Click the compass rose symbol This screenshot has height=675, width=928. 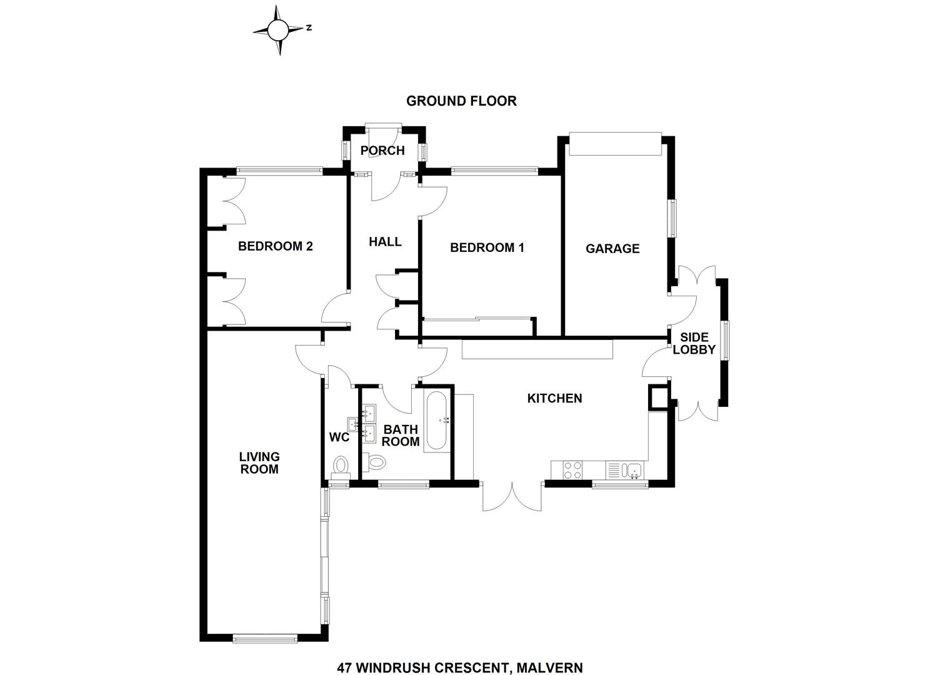(279, 29)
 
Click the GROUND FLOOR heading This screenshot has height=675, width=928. (461, 101)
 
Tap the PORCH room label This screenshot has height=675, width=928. (382, 151)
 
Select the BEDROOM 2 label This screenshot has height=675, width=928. (275, 246)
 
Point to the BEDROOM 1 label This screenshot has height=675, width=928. (487, 247)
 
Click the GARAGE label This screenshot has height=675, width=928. (612, 249)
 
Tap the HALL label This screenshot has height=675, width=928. (385, 242)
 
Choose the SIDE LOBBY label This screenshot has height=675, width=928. (694, 344)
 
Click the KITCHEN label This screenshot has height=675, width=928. (554, 398)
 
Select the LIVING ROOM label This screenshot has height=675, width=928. (259, 463)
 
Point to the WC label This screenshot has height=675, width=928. (339, 437)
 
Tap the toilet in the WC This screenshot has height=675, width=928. (341, 466)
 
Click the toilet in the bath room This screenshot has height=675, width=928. (376, 463)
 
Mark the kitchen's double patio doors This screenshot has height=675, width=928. (512, 496)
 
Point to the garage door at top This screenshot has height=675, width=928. (614, 144)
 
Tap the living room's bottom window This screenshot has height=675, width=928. (264, 638)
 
